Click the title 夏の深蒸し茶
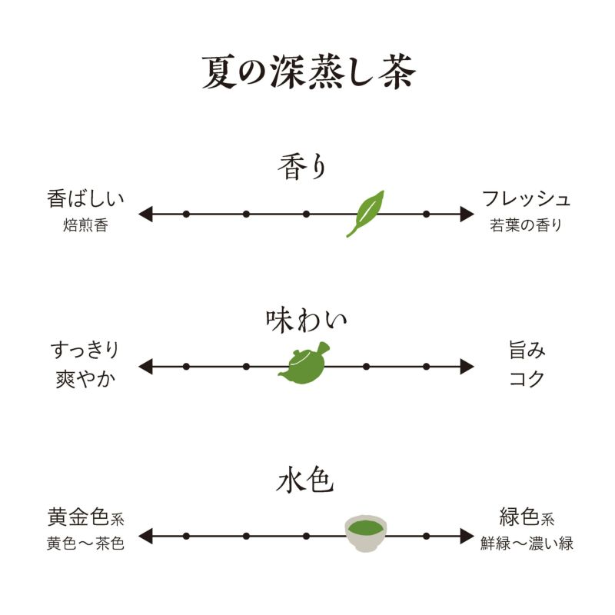pyautogui.click(x=307, y=71)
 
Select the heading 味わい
pyautogui.click(x=306, y=319)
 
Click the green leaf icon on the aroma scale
pyautogui.click(x=365, y=213)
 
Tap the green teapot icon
pyautogui.click(x=304, y=364)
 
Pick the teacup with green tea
pyautogui.click(x=366, y=533)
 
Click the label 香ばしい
pyautogui.click(x=85, y=199)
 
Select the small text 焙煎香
pyautogui.click(x=85, y=226)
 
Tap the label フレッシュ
pyautogui.click(x=527, y=199)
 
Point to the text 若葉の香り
pyautogui.click(x=527, y=226)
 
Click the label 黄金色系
pyautogui.click(x=85, y=516)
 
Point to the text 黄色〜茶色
pyautogui.click(x=85, y=544)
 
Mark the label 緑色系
pyautogui.click(x=527, y=516)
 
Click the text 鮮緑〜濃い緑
pyautogui.click(x=527, y=544)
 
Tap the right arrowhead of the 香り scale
pyautogui.click(x=467, y=214)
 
